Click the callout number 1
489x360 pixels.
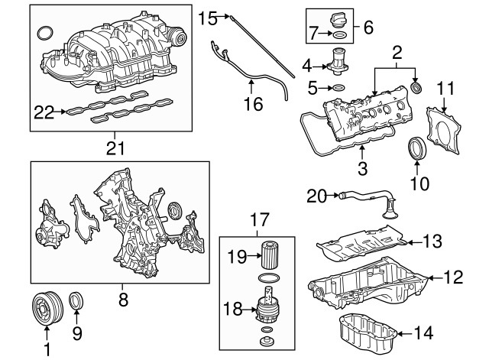(x=47, y=351)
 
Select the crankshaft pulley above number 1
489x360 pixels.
(x=47, y=309)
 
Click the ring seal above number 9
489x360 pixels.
(x=77, y=302)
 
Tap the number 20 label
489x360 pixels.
(x=316, y=196)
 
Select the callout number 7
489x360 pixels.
(x=313, y=34)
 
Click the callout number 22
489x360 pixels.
(x=44, y=112)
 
